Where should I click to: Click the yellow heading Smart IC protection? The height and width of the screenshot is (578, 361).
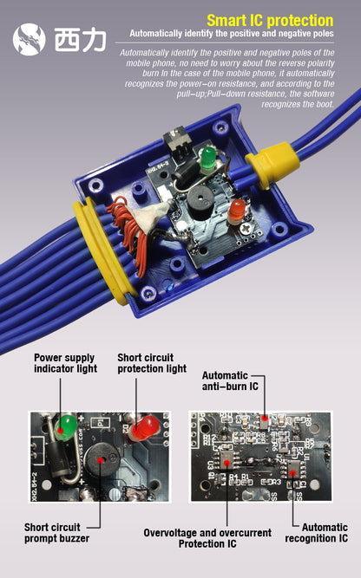tap(270, 21)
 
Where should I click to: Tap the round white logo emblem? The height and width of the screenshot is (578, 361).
tap(30, 39)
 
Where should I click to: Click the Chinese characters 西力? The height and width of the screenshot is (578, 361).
tap(81, 40)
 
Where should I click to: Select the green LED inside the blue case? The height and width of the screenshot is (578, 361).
tap(208, 159)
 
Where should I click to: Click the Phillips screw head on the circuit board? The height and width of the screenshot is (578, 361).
tap(246, 230)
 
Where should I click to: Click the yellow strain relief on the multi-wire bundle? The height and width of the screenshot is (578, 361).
tap(102, 250)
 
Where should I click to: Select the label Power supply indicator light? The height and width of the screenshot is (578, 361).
tap(65, 363)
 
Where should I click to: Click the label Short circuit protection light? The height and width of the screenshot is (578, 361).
tap(152, 363)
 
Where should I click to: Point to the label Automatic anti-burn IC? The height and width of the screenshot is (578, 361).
tap(230, 380)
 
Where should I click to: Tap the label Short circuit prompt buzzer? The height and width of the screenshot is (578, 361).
tap(57, 533)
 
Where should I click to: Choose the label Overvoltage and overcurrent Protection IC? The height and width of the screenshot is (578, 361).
tap(207, 538)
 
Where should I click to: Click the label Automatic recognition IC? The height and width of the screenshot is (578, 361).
tap(317, 533)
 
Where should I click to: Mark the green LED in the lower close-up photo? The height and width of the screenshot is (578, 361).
tap(66, 427)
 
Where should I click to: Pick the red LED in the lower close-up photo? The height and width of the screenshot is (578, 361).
tap(146, 427)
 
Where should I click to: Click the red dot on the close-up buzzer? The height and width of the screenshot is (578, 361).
tap(100, 460)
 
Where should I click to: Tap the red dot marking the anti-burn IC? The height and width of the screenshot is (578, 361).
tap(265, 418)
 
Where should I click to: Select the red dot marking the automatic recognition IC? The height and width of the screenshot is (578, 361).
tap(292, 474)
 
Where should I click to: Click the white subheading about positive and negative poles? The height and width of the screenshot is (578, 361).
tap(232, 34)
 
